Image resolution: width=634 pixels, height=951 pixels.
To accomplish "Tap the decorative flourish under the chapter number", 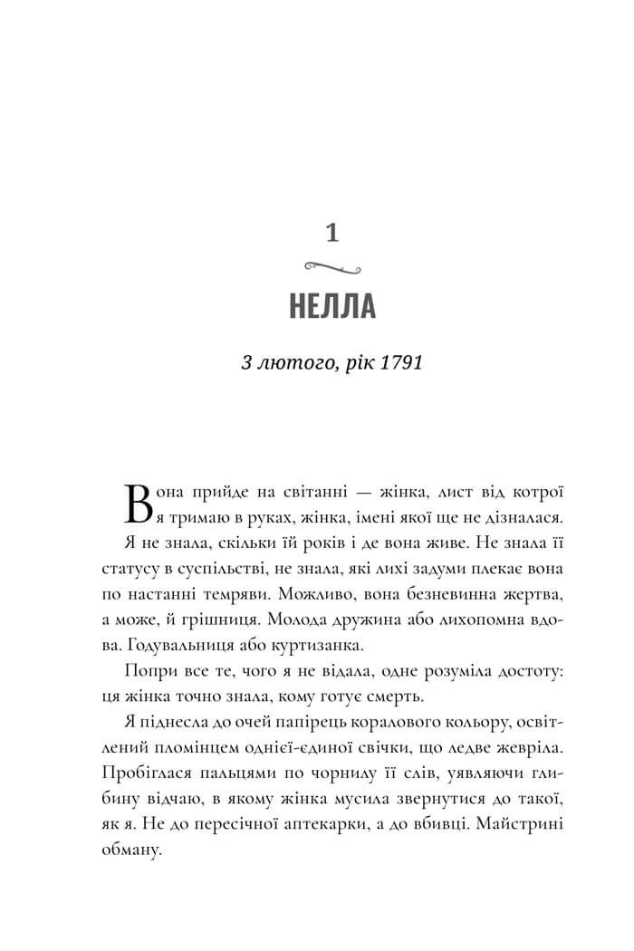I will coord(331,267).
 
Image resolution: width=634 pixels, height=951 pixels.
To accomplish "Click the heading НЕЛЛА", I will coord(331,306).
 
